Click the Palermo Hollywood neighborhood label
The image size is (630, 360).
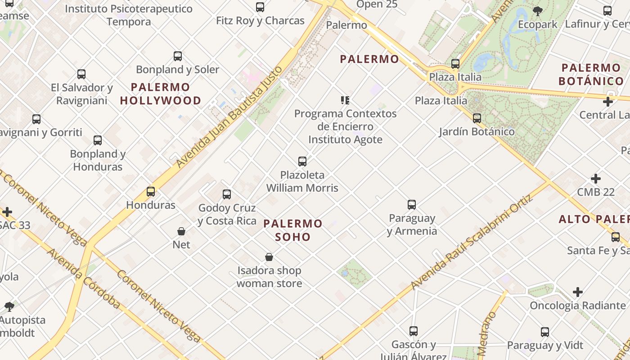161,94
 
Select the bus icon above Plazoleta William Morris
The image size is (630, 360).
302,161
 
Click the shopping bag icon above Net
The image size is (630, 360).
181,231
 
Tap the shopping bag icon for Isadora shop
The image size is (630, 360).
269,257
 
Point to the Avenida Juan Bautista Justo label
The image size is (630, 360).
229,117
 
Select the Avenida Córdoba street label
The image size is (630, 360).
84,279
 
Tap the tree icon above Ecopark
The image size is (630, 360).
537,11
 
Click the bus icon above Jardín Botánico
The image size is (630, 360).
477,118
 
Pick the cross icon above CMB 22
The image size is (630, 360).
596,179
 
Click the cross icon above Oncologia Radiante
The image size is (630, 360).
578,292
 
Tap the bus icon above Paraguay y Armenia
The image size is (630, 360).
412,205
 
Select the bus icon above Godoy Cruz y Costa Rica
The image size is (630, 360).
227,194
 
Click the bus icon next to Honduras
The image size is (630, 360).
151,192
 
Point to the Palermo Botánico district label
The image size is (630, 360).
591,75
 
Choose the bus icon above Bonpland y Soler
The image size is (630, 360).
178,56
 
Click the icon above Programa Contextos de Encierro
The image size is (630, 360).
345,100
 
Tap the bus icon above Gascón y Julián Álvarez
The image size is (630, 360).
414,331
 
